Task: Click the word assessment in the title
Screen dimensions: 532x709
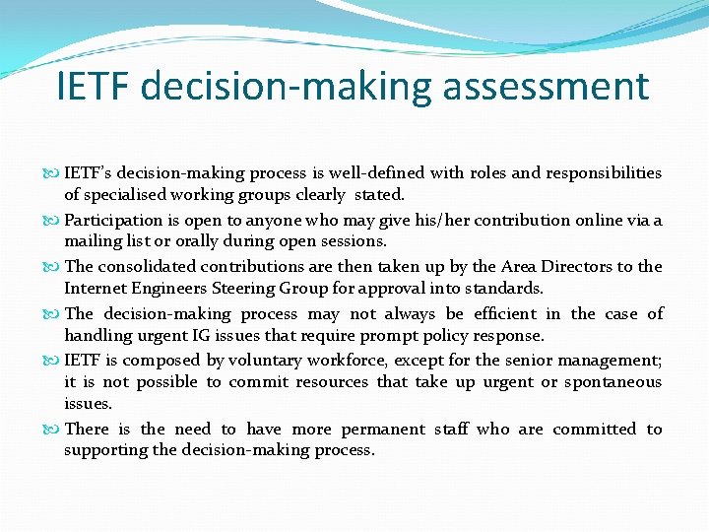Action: [x=547, y=87]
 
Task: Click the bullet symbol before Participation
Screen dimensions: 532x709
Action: [x=55, y=220]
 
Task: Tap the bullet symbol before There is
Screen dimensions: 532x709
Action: [x=55, y=429]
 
